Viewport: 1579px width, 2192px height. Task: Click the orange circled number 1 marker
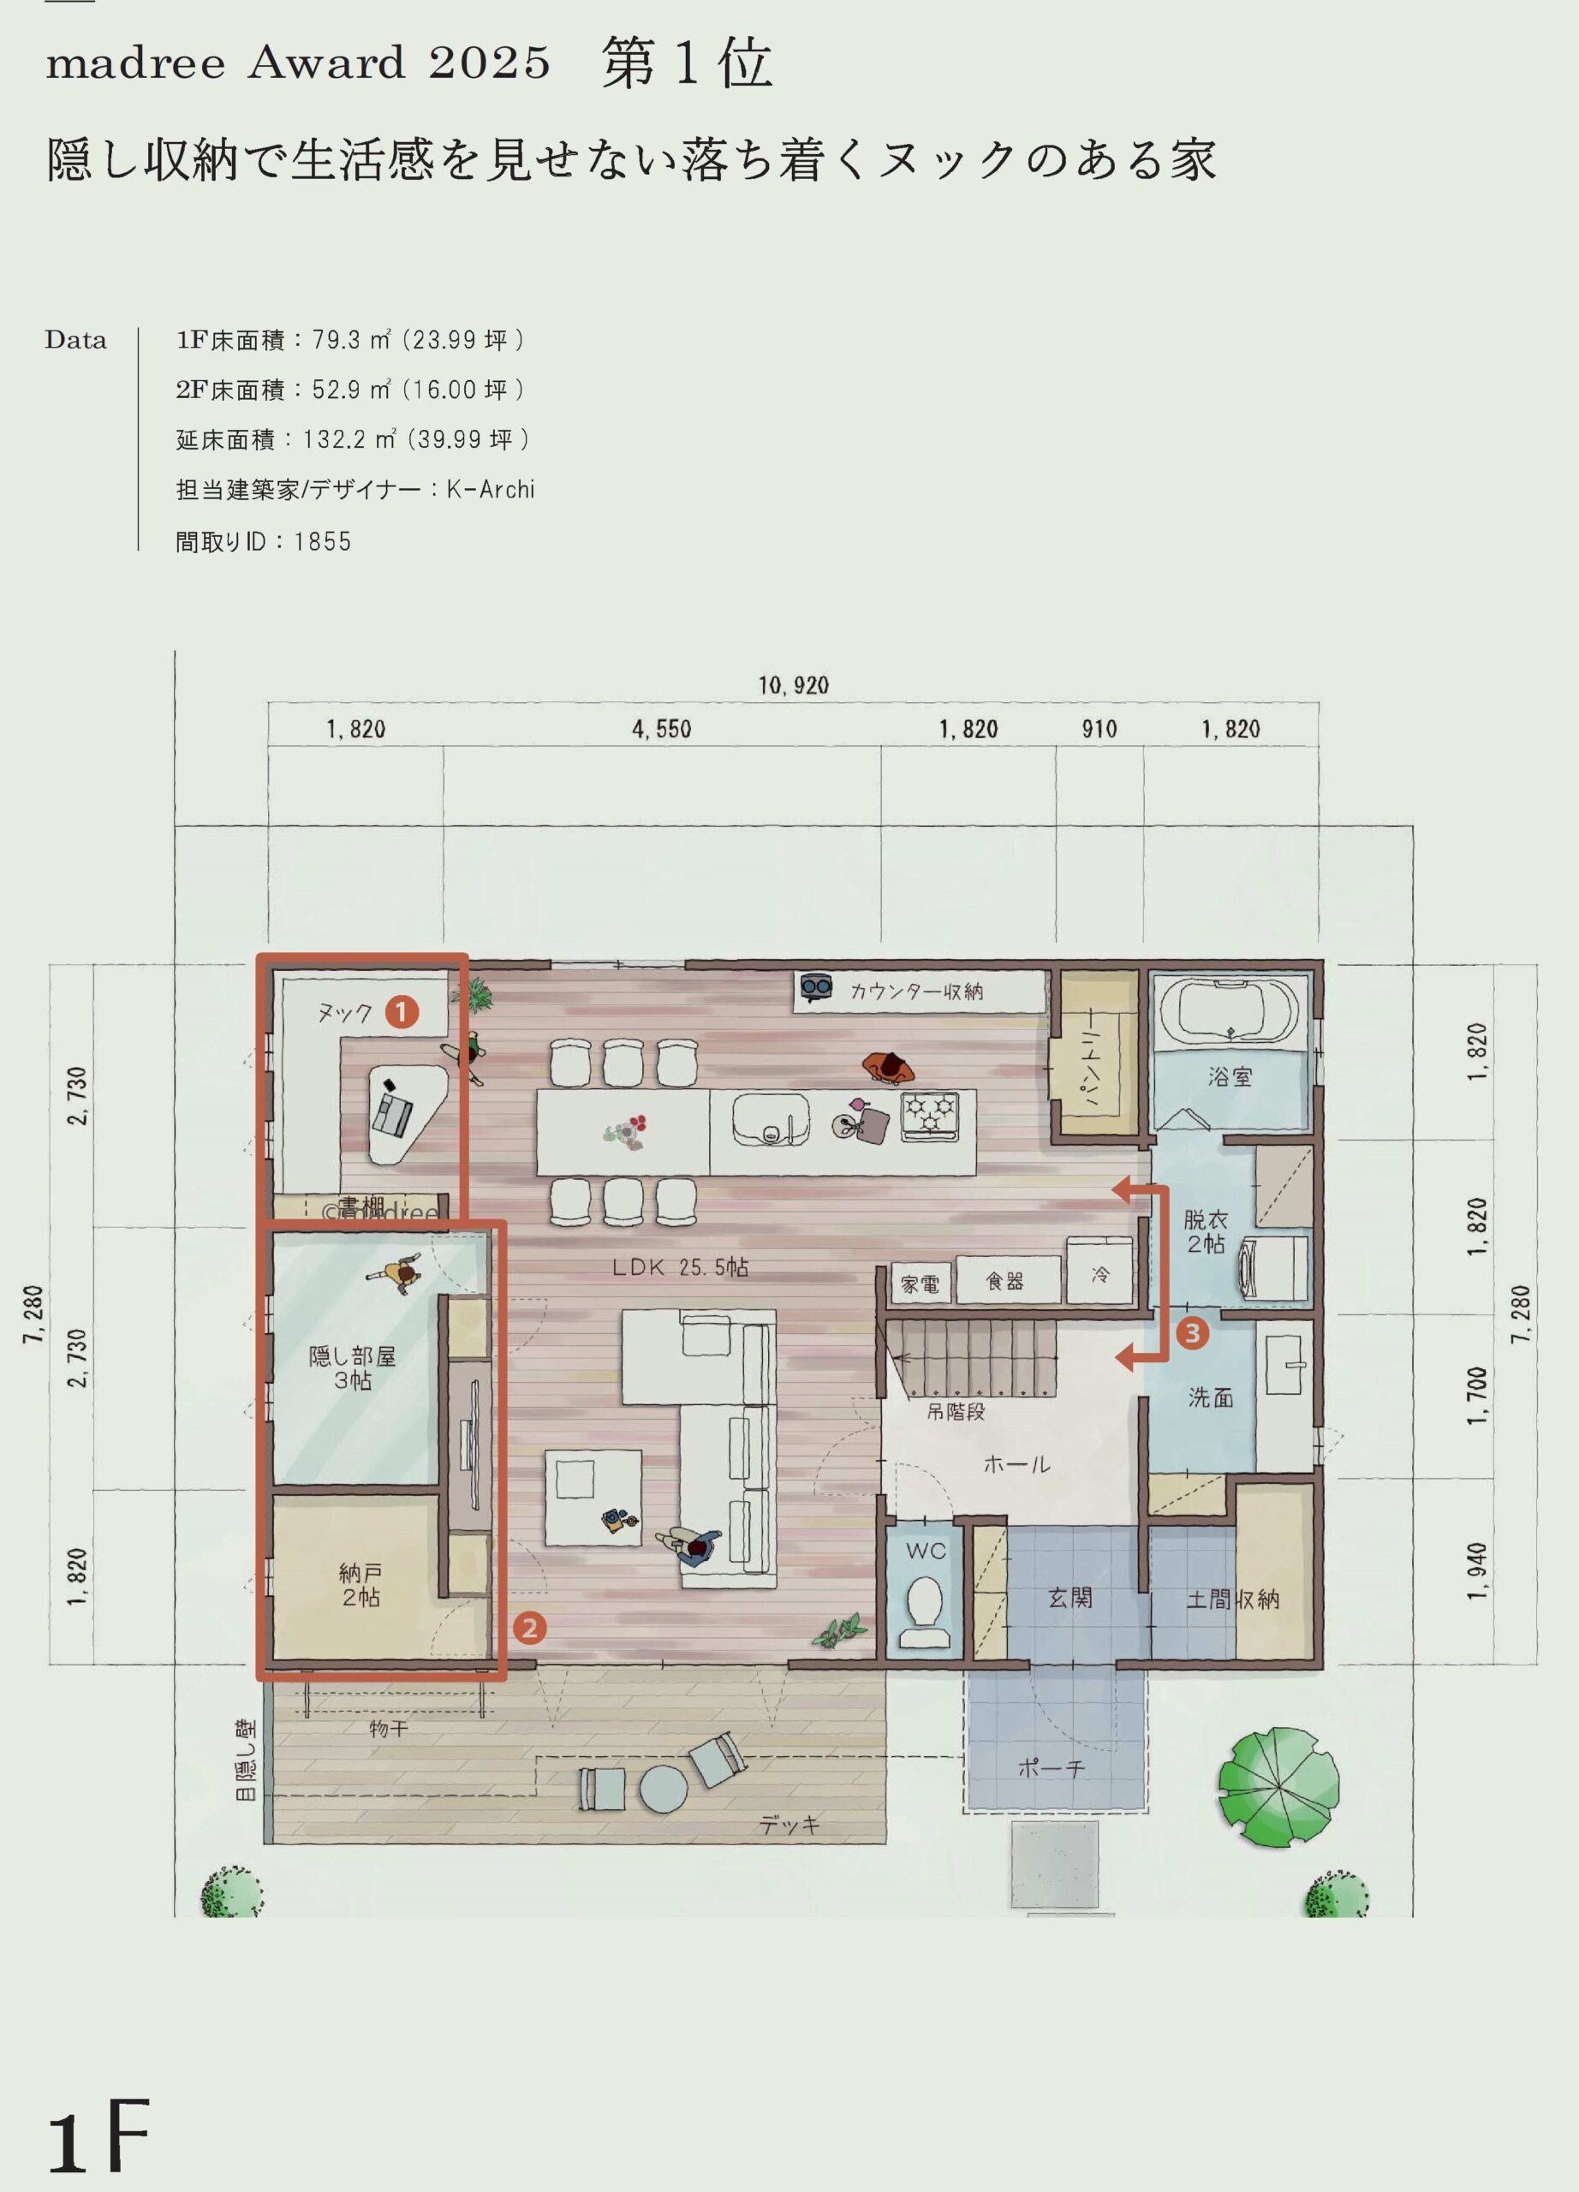tap(402, 1012)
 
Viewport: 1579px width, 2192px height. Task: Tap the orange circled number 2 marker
tap(528, 1629)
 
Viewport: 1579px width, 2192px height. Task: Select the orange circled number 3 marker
tap(1193, 1334)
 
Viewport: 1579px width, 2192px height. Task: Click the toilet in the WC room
tap(926, 1612)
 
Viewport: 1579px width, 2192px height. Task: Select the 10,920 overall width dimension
tap(794, 685)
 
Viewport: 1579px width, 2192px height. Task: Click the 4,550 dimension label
tap(662, 729)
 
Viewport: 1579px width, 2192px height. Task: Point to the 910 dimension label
tap(1099, 729)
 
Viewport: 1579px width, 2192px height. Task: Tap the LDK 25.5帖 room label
tap(680, 1267)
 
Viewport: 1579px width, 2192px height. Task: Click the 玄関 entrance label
tap(1070, 1598)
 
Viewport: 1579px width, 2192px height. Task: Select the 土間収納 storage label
tap(1233, 1599)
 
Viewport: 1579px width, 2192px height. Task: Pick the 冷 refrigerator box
tap(1099, 1269)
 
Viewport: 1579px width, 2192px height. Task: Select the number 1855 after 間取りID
tap(323, 541)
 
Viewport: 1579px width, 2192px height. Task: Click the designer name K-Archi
tap(490, 490)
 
